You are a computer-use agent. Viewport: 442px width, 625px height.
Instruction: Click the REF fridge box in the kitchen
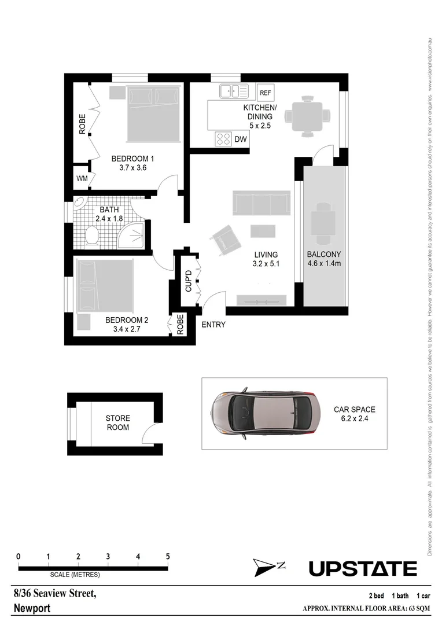pos(266,93)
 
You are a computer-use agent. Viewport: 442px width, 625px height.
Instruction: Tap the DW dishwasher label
pos(241,139)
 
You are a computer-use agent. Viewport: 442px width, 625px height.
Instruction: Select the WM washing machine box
pos(82,179)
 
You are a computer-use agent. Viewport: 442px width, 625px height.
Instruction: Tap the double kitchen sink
pos(234,91)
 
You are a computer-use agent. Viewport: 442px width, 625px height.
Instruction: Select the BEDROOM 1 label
pos(132,159)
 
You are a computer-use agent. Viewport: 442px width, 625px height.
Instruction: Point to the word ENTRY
pos(213,325)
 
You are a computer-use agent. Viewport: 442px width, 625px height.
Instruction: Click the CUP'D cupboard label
pos(187,281)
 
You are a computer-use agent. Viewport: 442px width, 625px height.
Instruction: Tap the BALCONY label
pos(324,254)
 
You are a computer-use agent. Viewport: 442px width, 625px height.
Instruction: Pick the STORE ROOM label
pos(117,422)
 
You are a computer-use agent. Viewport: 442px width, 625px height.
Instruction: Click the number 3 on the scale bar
pos(108,557)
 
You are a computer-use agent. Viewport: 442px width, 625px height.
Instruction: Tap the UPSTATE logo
pos(363,569)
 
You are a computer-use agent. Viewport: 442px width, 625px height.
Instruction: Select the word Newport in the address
pos(32,608)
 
